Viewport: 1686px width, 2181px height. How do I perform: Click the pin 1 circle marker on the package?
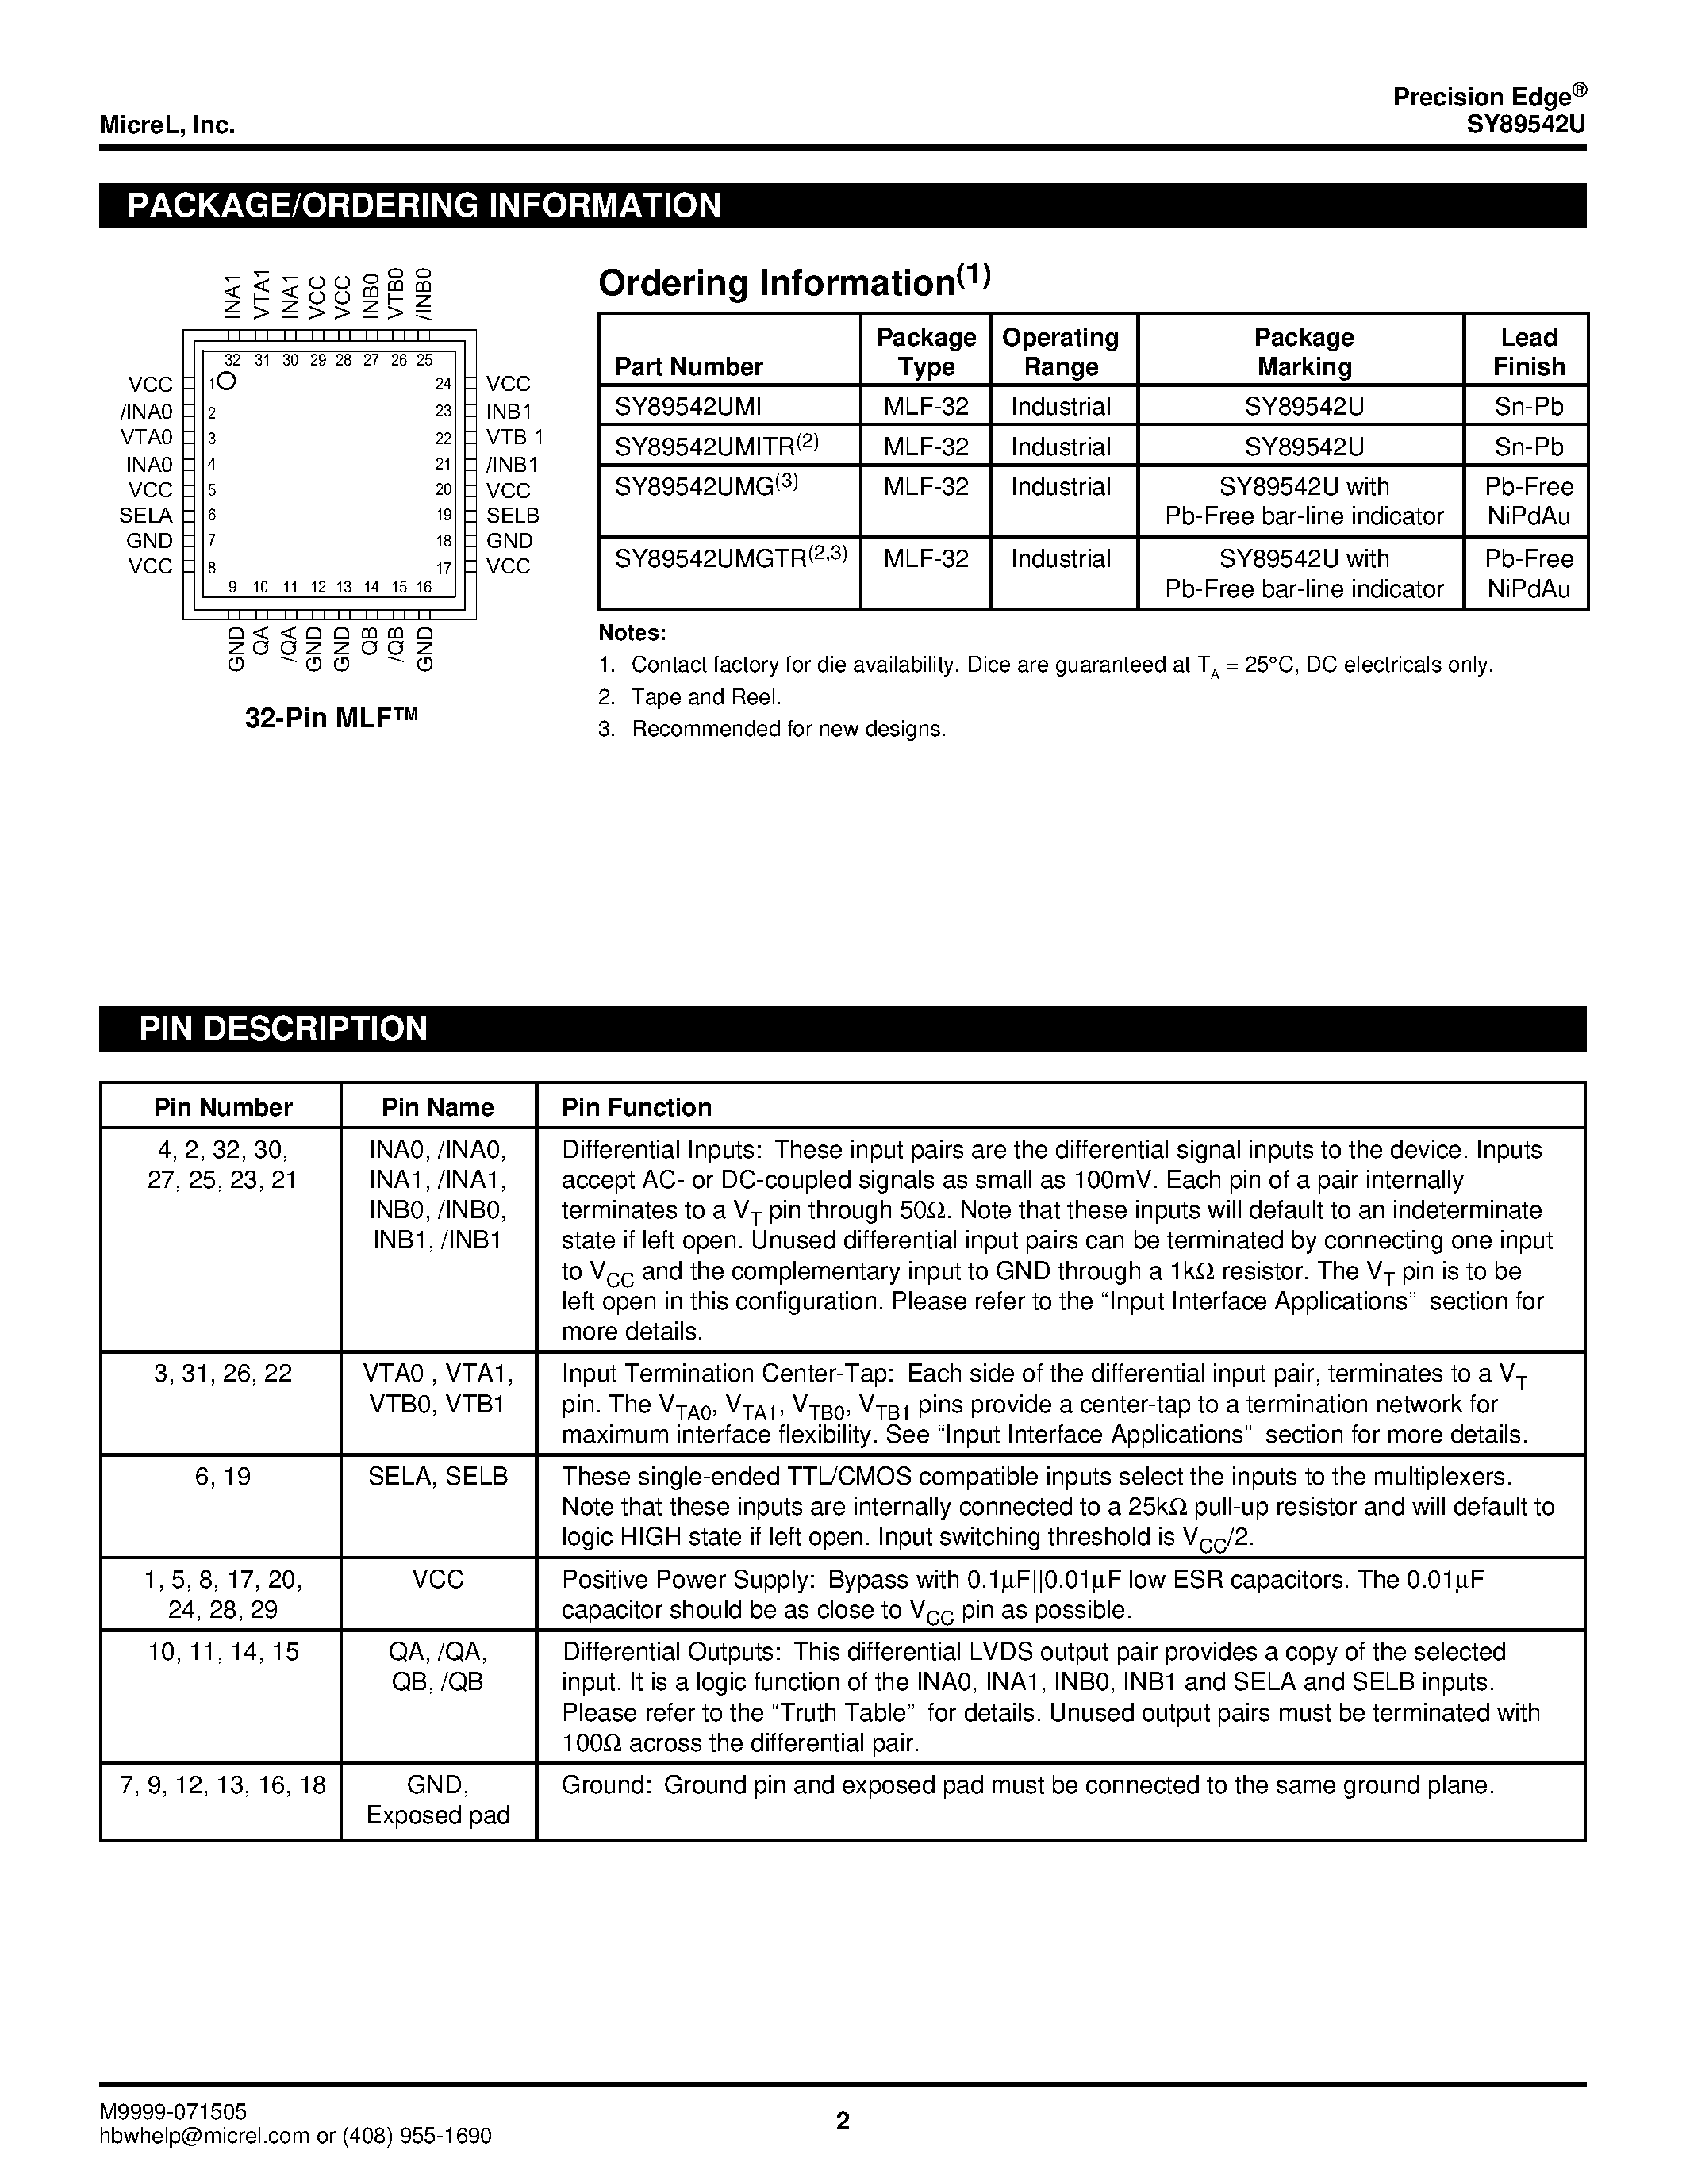click(228, 381)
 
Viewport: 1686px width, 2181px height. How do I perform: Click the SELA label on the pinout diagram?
click(146, 516)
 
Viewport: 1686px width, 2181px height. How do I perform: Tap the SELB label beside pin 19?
click(513, 516)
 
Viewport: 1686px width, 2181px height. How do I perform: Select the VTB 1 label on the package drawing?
click(514, 438)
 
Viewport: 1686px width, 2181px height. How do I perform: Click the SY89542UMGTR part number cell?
click(730, 559)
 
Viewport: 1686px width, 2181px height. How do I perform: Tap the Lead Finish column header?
click(1527, 351)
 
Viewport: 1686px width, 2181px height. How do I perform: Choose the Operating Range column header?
click(1060, 351)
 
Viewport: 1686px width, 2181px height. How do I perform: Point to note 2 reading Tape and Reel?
click(705, 697)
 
